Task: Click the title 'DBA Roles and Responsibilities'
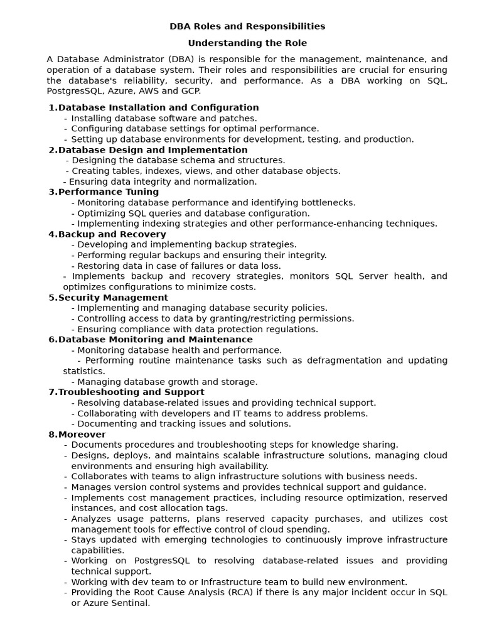(247, 26)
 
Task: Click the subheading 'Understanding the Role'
(247, 43)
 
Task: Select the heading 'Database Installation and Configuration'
(158, 107)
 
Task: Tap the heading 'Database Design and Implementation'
(153, 150)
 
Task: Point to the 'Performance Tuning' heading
(108, 192)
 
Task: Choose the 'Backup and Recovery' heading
(112, 234)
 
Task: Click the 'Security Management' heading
(113, 298)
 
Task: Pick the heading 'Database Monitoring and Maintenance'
(155, 340)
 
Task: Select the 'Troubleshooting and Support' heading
(131, 392)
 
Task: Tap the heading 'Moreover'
(82, 435)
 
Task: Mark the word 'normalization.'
(226, 181)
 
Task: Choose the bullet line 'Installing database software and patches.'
(164, 118)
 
